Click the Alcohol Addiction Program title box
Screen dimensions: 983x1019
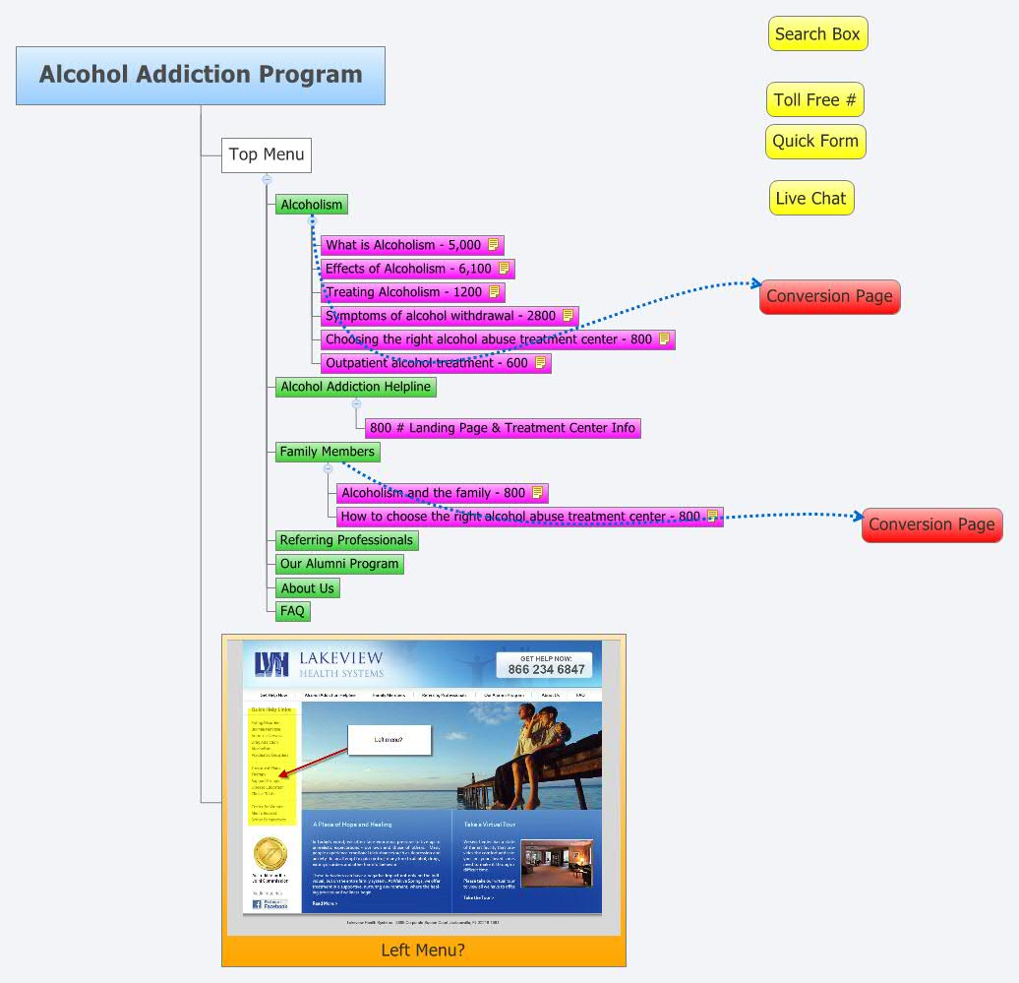[201, 75]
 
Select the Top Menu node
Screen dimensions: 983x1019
[267, 154]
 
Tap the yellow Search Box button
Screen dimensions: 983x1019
[817, 34]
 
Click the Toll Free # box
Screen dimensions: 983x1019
[814, 99]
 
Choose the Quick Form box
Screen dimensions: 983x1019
[815, 141]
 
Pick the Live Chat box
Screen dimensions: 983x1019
[810, 198]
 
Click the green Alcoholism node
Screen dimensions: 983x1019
[311, 205]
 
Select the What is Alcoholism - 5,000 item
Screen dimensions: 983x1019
[403, 245]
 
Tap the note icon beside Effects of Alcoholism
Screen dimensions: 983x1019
[504, 268]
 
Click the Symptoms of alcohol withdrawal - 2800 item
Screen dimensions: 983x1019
[441, 316]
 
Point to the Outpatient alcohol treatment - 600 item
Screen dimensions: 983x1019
[427, 363]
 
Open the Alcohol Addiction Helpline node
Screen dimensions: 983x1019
[355, 387]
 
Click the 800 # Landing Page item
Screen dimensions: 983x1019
[503, 428]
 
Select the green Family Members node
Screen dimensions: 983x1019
[327, 452]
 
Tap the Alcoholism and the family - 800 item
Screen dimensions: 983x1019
[433, 493]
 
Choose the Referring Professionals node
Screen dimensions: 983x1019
[346, 540]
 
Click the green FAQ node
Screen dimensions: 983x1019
[292, 611]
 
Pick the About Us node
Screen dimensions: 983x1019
[307, 588]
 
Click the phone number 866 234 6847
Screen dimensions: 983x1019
[546, 670]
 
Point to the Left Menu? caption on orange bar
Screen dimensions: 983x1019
[423, 950]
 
